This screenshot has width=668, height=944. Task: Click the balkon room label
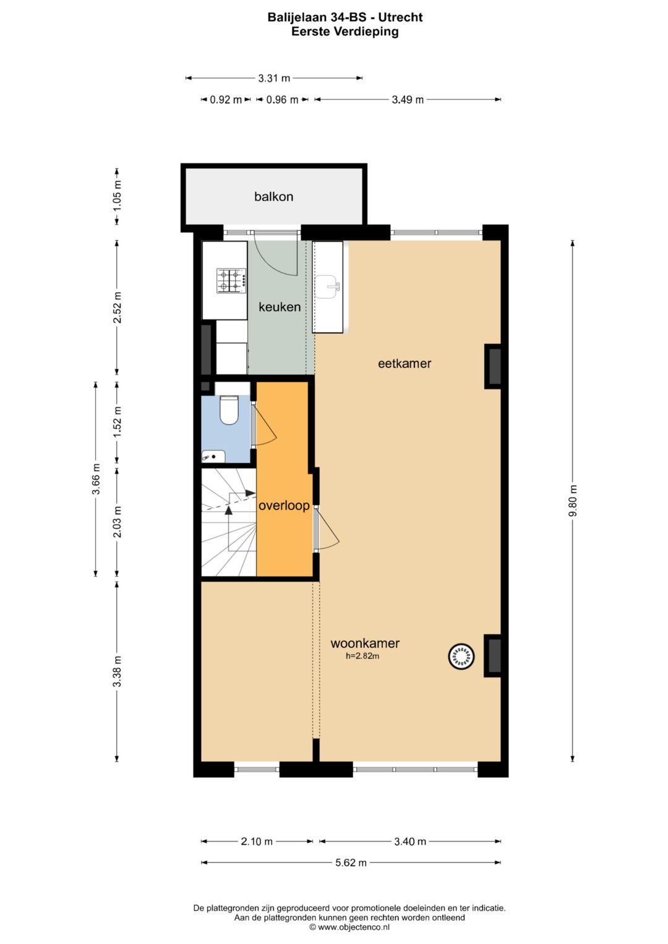[273, 197]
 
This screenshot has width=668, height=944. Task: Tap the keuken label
[280, 307]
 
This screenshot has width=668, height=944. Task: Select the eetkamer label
[405, 364]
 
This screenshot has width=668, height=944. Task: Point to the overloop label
[284, 506]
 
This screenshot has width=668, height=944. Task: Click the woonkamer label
[365, 643]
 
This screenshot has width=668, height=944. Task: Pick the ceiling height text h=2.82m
[362, 657]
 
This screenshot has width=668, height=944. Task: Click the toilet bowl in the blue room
[229, 410]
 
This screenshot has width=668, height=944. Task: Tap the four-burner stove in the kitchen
[231, 281]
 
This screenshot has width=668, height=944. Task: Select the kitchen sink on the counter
[327, 286]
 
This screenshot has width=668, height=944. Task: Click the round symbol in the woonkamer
[461, 657]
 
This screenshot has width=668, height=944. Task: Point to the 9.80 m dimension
[573, 501]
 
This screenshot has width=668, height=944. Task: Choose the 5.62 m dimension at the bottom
[351, 862]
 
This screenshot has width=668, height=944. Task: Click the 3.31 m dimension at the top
[274, 79]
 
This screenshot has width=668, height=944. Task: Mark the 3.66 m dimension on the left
[96, 479]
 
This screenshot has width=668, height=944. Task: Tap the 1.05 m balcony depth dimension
[118, 194]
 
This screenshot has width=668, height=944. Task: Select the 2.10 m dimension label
[257, 841]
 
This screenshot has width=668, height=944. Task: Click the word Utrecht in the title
[400, 17]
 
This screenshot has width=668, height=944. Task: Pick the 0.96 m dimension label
[282, 100]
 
